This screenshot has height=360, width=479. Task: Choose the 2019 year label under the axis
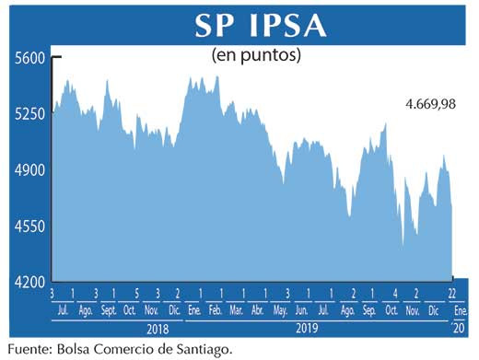(306, 327)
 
